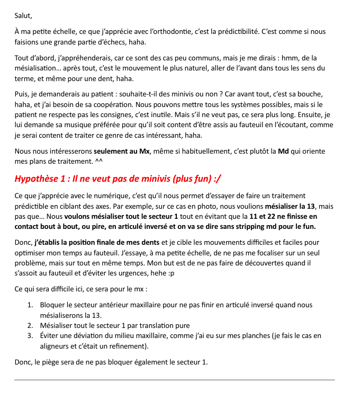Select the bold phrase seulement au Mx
click(121, 151)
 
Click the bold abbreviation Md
click(284, 151)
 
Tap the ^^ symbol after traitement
click(98, 161)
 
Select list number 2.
click(30, 325)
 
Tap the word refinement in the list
click(128, 346)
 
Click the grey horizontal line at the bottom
click(174, 380)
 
